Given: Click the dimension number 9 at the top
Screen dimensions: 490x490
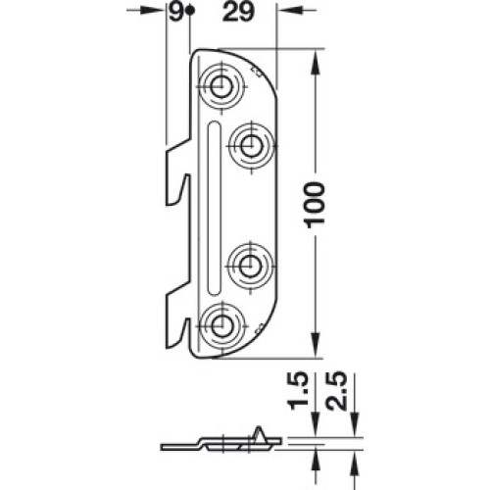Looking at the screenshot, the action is pos(176,13).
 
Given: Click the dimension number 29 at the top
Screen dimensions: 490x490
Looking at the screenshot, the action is pos(238,13).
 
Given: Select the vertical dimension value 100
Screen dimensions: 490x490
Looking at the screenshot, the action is pos(314,205).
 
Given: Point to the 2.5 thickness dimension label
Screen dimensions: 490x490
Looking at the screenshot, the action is pos(335,391).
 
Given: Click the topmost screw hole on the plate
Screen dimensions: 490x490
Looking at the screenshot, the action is pos(221,87).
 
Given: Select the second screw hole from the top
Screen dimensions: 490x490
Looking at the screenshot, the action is pos(251,146).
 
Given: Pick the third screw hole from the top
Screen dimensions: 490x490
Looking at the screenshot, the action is pos(250,267).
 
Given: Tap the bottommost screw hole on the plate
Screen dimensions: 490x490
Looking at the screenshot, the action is pos(220,325).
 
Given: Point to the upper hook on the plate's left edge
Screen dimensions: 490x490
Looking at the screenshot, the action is pos(177,172).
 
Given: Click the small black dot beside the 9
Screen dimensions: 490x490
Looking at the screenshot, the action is pos(190,11).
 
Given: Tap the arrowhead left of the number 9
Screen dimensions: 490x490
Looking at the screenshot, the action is pos(153,11).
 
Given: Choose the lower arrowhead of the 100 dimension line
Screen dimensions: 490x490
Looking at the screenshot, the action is pos(315,345).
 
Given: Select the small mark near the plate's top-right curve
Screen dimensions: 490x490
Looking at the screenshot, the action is pos(255,73).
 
